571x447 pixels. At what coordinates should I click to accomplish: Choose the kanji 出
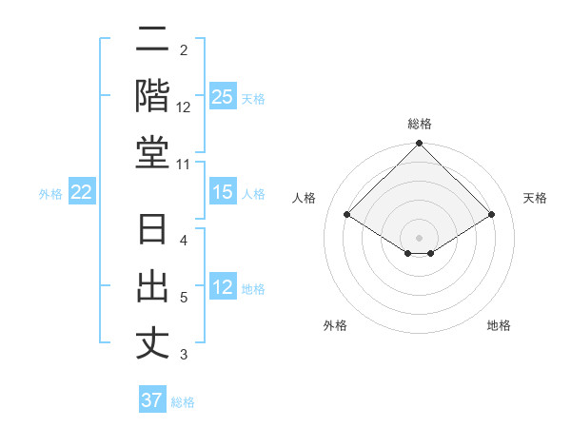coord(152,289)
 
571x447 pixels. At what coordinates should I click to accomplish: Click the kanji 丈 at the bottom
coord(152,344)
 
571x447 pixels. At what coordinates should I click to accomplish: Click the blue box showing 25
coord(223,96)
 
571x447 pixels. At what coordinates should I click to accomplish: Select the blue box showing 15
coord(223,193)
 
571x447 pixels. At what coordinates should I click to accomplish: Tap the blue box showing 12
coord(223,288)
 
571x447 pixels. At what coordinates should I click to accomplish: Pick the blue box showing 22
coord(82,193)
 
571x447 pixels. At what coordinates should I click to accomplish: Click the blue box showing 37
coord(152,400)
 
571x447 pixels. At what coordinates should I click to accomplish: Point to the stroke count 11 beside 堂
coord(184,165)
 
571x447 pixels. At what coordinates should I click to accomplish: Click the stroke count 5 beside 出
coord(184,298)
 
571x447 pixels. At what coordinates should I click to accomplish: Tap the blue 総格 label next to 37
coord(183,402)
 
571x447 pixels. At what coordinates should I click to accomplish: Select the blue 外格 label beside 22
coord(50,194)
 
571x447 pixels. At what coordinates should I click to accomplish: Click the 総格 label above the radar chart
coord(420,124)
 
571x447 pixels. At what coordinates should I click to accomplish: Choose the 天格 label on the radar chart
coord(535,198)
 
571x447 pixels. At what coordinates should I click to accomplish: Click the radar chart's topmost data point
coord(420,145)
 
